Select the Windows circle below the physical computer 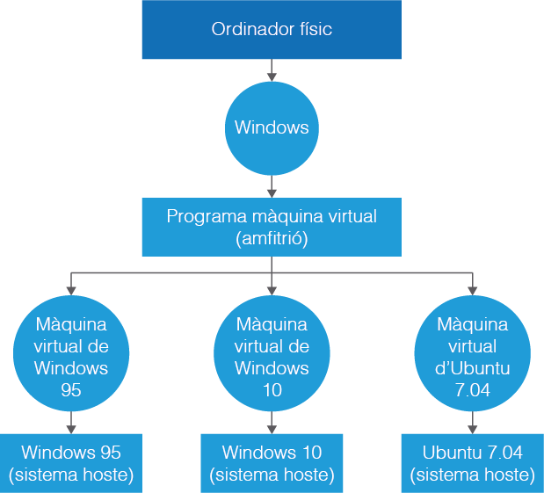[272, 128]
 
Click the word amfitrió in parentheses [272, 238]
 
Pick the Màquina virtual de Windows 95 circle [72, 346]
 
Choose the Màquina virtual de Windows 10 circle [272, 346]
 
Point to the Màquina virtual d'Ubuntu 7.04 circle [472, 346]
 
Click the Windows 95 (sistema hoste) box [71, 463]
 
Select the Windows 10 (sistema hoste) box [272, 463]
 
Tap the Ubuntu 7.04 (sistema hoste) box [472, 463]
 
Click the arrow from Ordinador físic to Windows [272, 70]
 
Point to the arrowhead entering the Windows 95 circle [71, 289]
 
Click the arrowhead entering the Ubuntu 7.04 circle [473, 289]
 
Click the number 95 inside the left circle [72, 389]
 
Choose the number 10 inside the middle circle [272, 389]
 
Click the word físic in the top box [315, 30]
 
